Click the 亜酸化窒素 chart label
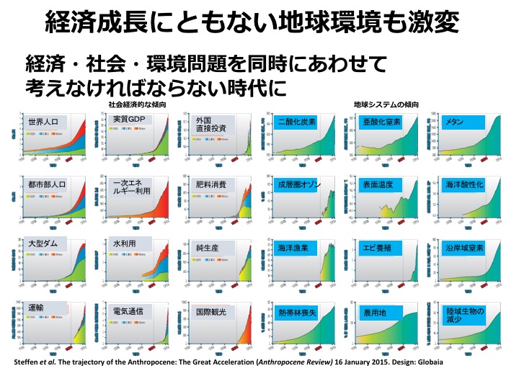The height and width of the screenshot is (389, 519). [x=382, y=122]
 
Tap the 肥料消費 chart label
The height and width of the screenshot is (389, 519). [x=211, y=184]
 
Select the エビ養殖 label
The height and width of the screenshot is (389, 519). [x=378, y=248]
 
